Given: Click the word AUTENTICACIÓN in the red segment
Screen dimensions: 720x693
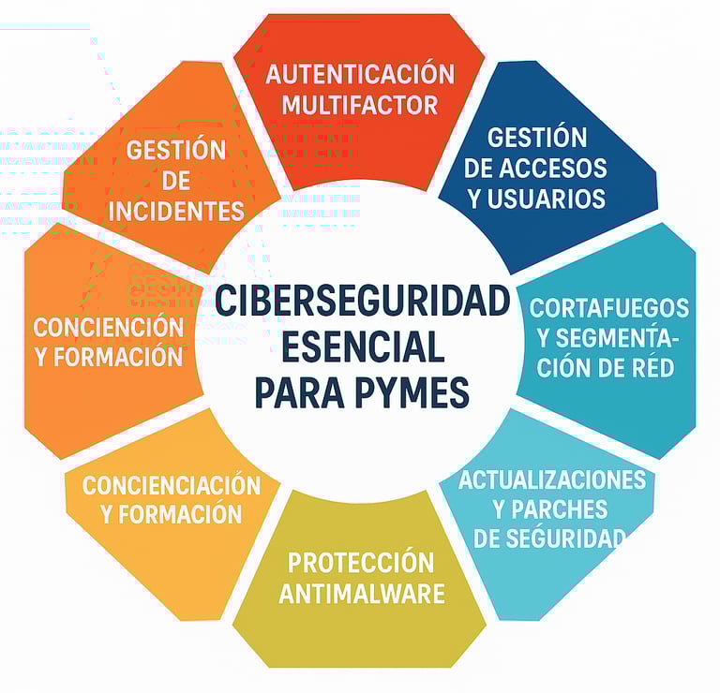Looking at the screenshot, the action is click(x=359, y=74).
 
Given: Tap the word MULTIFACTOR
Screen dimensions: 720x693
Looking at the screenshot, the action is click(x=359, y=103).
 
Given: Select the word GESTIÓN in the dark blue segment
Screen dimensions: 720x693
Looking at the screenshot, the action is click(x=537, y=137).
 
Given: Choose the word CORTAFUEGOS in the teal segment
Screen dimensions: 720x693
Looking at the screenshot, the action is click(x=609, y=308).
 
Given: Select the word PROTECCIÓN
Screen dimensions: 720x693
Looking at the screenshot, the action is click(x=361, y=563).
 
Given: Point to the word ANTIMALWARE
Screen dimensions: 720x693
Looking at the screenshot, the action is click(x=362, y=594).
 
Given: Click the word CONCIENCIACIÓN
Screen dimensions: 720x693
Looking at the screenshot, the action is click(x=171, y=484).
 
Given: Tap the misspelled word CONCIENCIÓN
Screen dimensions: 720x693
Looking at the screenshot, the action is click(x=109, y=327).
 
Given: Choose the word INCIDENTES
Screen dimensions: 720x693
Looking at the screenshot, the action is click(x=176, y=211).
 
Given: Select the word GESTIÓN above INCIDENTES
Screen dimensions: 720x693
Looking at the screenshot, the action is click(x=176, y=150).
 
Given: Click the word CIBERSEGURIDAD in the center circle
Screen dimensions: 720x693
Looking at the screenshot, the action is click(x=362, y=302).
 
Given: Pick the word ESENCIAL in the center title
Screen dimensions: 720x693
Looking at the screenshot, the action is click(x=362, y=347).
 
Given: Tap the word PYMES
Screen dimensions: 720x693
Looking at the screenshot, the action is click(x=412, y=391).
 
